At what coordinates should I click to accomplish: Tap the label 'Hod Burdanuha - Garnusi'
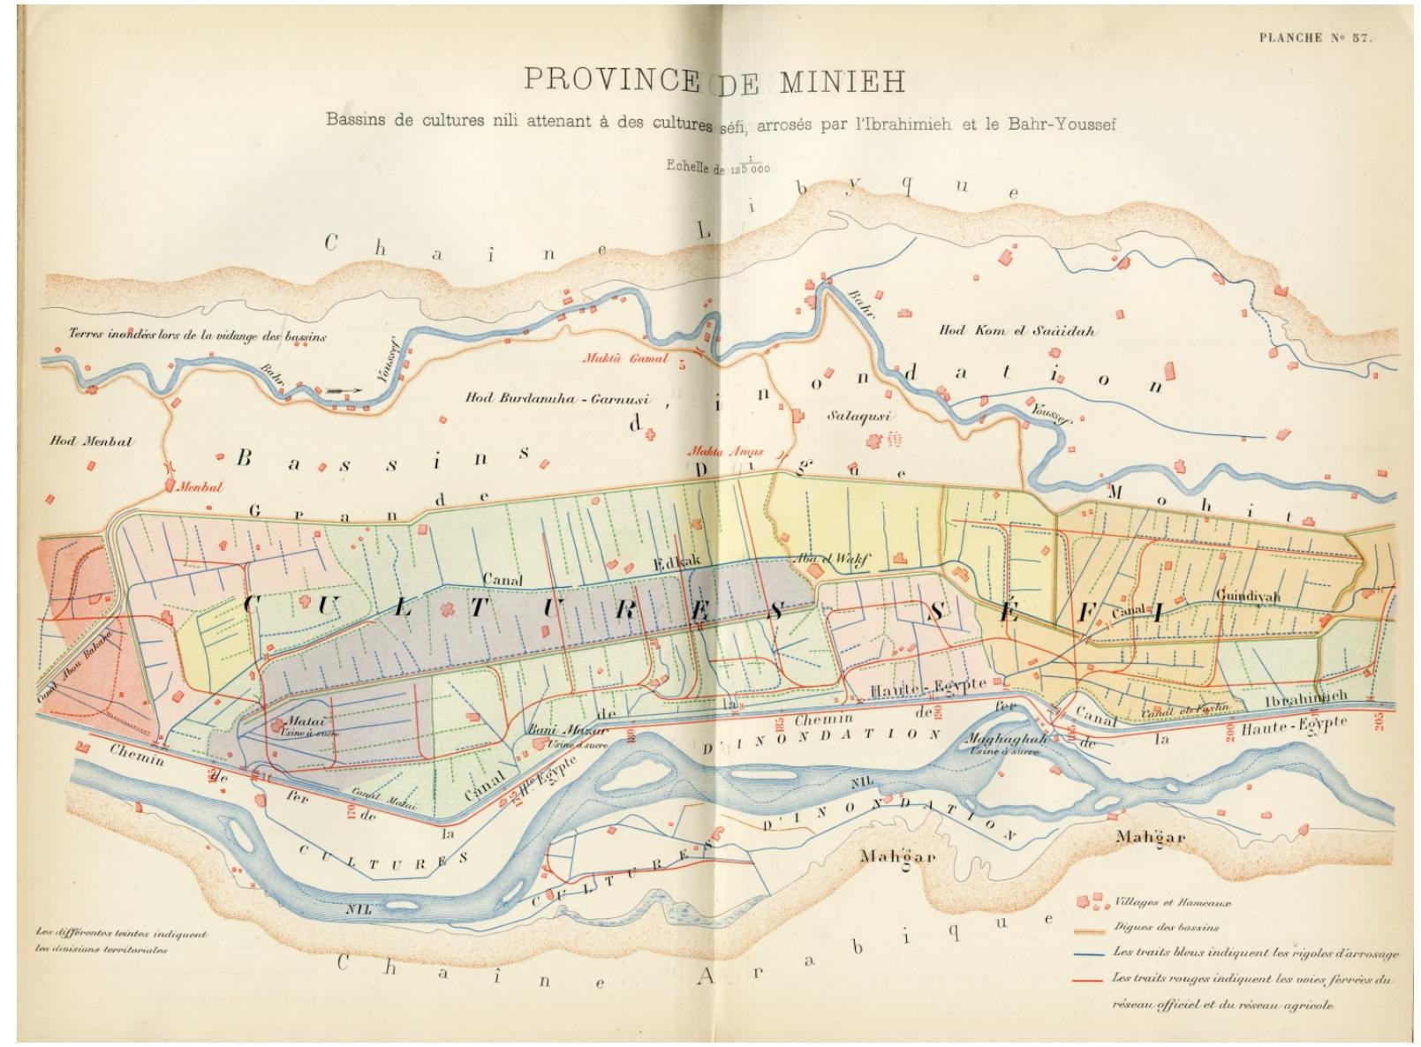click(x=557, y=398)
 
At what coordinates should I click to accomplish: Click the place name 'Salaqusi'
click(x=859, y=415)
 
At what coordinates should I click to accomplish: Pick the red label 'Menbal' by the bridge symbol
click(x=200, y=486)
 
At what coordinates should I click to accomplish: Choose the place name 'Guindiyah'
click(x=1247, y=596)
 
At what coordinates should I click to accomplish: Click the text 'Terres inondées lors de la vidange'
click(x=198, y=335)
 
